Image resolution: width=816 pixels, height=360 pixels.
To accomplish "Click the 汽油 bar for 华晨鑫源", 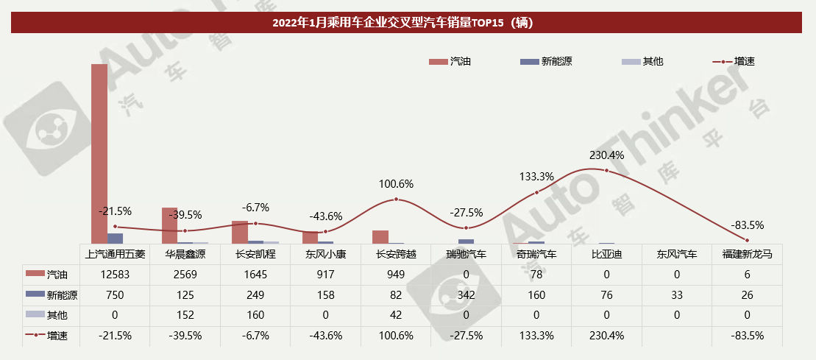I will point(169,225).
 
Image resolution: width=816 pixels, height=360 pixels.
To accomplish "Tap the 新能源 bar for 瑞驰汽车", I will point(466,241).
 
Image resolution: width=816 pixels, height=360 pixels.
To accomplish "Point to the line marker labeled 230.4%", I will point(606,170).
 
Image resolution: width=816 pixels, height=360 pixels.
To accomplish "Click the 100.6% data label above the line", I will point(396,184).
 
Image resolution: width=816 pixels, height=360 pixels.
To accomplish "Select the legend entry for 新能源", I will point(545,62).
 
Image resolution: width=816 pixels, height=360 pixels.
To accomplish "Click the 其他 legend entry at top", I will point(642,62).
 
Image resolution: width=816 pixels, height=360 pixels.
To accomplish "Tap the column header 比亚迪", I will point(607,254).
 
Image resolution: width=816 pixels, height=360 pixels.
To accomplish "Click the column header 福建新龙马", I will point(747,254).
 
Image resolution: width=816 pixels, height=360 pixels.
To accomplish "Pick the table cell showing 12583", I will point(116,275).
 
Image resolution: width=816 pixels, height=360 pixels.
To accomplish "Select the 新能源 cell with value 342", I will point(466,295).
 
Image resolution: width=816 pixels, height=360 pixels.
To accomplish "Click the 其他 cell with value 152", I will point(185,315).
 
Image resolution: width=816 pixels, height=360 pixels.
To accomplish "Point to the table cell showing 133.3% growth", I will point(536,336).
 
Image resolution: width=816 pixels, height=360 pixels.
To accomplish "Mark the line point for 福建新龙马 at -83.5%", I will point(747,240).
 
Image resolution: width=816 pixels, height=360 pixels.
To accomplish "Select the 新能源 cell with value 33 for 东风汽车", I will point(677,295).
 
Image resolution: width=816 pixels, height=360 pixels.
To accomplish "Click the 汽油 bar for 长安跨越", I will point(380,236).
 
